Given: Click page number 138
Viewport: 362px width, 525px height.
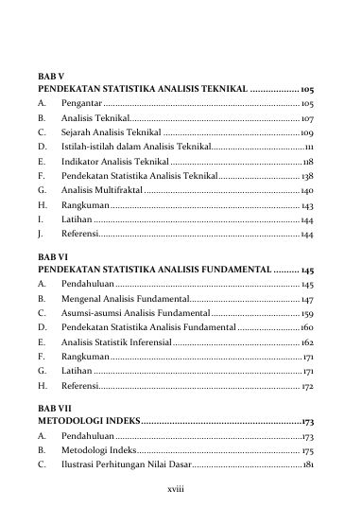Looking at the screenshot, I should pos(307,177).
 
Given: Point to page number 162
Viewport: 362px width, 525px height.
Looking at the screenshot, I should pos(307,341).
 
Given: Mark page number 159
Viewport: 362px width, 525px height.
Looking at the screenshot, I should pos(307,313).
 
